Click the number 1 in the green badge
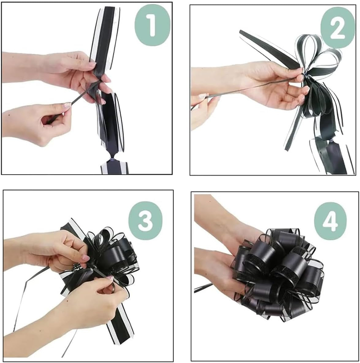pos(152,25)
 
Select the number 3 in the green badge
pos(145,220)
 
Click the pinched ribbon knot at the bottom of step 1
pos(112,159)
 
